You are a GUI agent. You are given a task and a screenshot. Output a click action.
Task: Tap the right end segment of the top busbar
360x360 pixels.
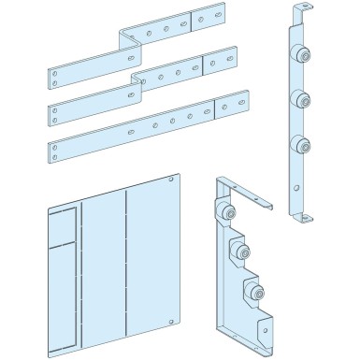208,22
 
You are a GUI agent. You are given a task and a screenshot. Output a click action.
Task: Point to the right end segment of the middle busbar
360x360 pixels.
221,65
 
